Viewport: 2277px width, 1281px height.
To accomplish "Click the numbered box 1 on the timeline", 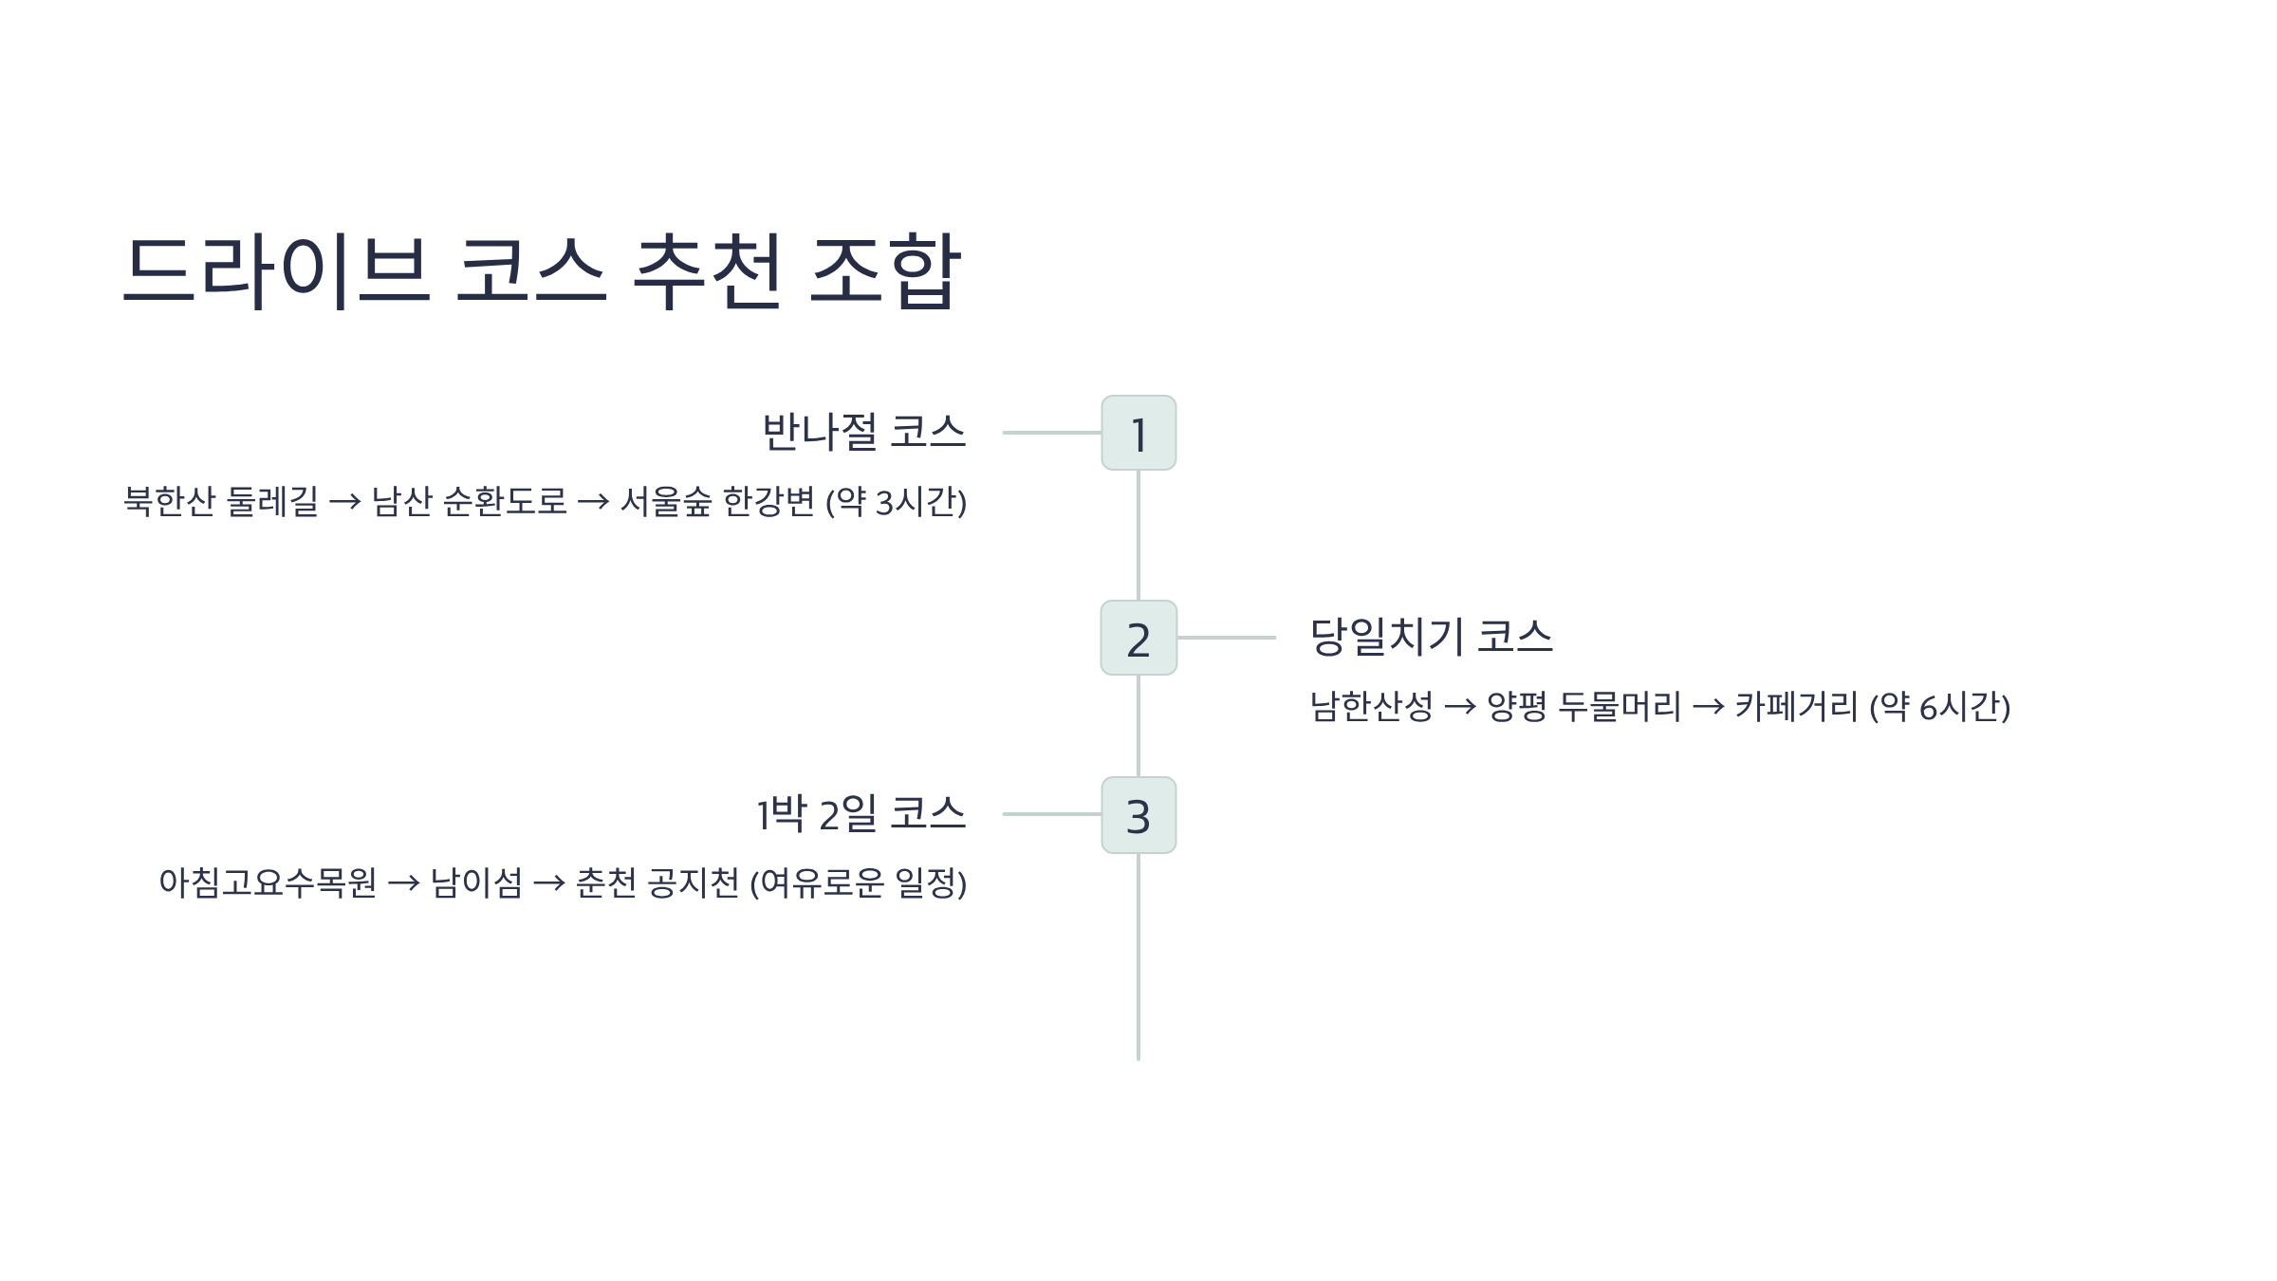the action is (1138, 433).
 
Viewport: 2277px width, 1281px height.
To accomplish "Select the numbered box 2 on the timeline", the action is (1138, 638).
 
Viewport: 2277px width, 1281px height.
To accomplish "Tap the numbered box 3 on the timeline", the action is (1138, 815).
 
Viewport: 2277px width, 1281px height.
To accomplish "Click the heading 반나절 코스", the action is (863, 433).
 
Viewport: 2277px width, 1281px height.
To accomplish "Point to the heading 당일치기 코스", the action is (1431, 637).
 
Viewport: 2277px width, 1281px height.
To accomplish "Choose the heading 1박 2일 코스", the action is (861, 814).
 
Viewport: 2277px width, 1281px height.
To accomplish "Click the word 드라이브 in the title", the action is (276, 271).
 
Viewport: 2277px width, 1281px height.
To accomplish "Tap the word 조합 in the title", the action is (885, 271).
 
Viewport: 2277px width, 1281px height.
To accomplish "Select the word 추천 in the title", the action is (707, 271).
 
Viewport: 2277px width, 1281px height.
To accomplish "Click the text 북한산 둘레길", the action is (221, 501).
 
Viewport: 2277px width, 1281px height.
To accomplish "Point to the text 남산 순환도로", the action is (469, 501).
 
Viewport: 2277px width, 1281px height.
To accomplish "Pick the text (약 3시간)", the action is (896, 501).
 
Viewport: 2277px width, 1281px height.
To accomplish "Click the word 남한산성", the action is (1371, 706).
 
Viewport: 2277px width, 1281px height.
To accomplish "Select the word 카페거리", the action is (1796, 706).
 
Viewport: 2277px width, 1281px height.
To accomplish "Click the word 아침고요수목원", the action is (268, 882).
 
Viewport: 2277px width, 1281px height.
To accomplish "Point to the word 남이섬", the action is (476, 882).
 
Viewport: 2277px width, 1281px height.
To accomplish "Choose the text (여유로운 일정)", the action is (858, 882).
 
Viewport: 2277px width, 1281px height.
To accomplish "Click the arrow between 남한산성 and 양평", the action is (1459, 707).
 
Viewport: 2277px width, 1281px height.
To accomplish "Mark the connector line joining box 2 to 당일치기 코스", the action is (1226, 638).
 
